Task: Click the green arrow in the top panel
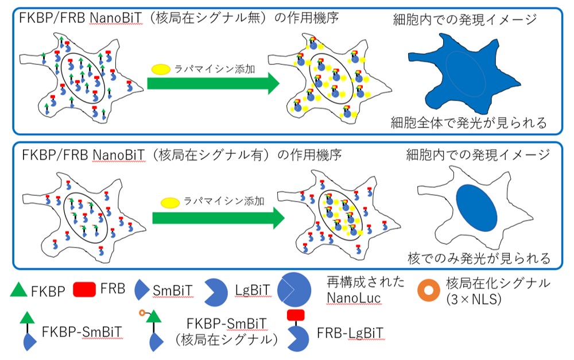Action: (212, 83)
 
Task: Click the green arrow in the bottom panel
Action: (218, 218)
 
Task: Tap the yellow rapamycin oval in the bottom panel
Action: (170, 203)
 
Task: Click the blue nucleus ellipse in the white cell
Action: (478, 207)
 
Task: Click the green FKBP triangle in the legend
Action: (19, 290)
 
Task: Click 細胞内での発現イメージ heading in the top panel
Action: (464, 19)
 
